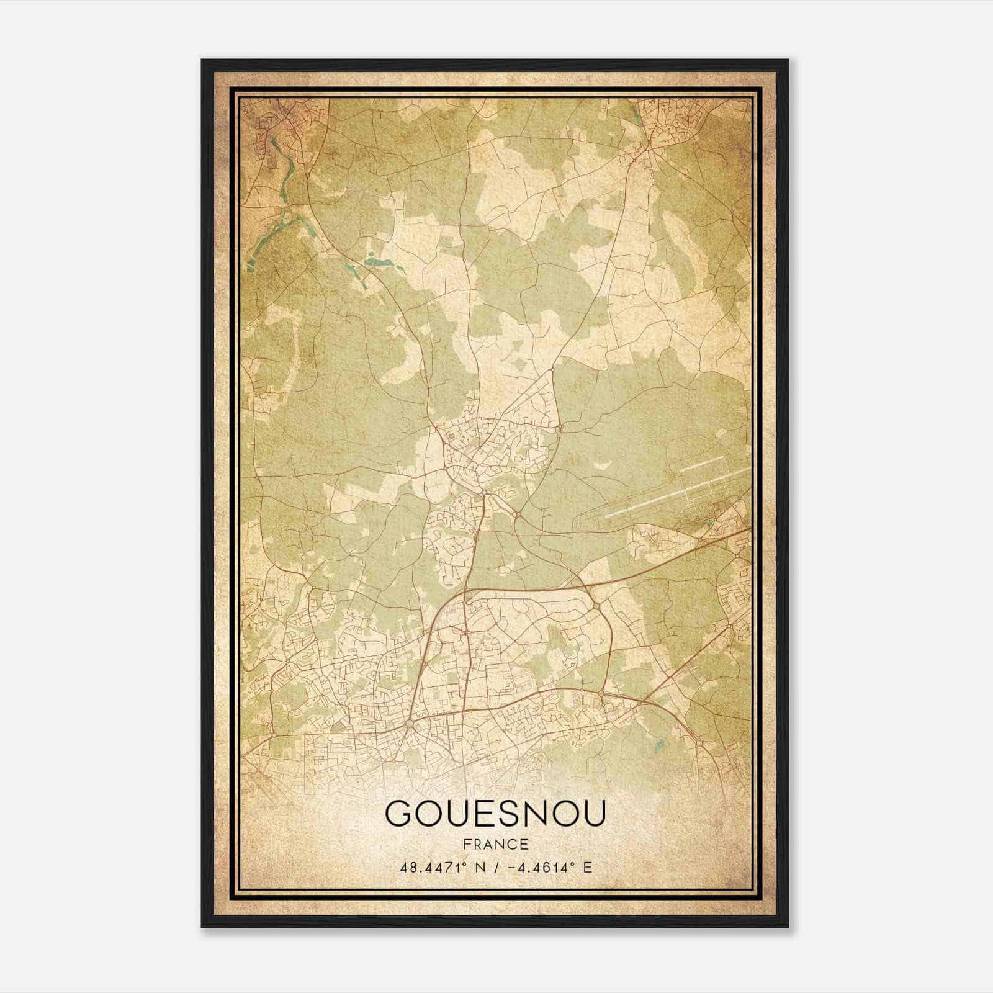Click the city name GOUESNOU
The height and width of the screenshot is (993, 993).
tap(495, 813)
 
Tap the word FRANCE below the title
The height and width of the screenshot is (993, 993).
tap(495, 845)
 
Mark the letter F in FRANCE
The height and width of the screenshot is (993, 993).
tap(465, 845)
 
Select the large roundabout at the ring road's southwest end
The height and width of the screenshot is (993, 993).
tap(409, 724)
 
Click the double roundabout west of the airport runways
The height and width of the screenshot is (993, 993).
tap(517, 514)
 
